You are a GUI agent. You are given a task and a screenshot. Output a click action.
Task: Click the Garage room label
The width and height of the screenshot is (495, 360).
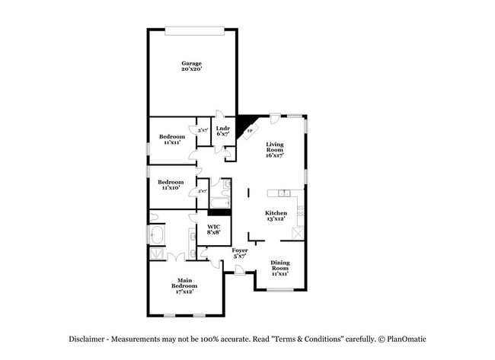tap(191, 65)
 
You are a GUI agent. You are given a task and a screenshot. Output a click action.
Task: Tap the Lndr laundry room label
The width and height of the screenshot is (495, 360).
tap(223, 131)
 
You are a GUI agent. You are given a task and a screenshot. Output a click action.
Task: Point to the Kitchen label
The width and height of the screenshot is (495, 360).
tap(276, 215)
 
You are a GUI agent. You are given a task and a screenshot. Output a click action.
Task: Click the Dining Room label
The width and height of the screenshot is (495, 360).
tap(280, 269)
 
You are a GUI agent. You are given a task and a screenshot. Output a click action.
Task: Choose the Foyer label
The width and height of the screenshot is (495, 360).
tap(240, 253)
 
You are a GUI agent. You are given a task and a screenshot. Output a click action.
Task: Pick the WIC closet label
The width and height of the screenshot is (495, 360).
tap(214, 230)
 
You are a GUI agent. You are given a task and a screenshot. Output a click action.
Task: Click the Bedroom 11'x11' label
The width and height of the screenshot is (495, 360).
tap(171, 139)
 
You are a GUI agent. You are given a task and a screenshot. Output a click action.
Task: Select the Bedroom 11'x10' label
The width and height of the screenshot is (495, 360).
tap(171, 185)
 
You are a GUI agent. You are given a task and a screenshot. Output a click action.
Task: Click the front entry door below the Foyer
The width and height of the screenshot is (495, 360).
tap(239, 272)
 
